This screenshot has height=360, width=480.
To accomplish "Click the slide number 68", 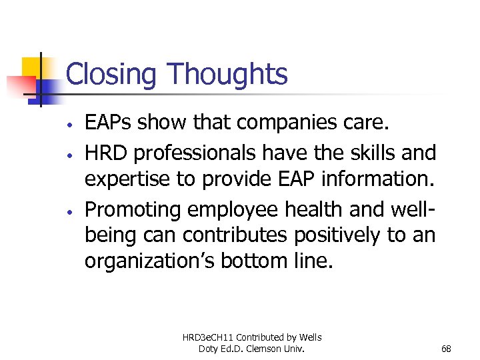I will [446, 349].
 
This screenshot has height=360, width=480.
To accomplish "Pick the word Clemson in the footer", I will [271, 349].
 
